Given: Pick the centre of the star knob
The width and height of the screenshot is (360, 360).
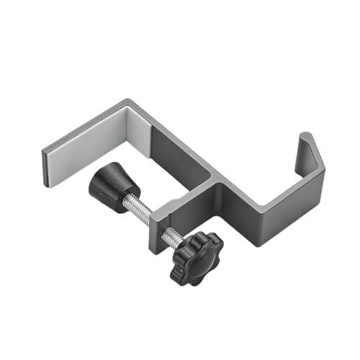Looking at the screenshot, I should click(196, 256).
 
